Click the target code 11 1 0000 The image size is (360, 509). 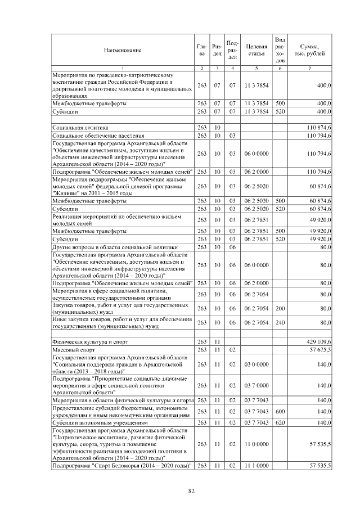(256, 466)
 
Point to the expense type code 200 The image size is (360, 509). (280, 308)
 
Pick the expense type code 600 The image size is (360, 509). (280, 412)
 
